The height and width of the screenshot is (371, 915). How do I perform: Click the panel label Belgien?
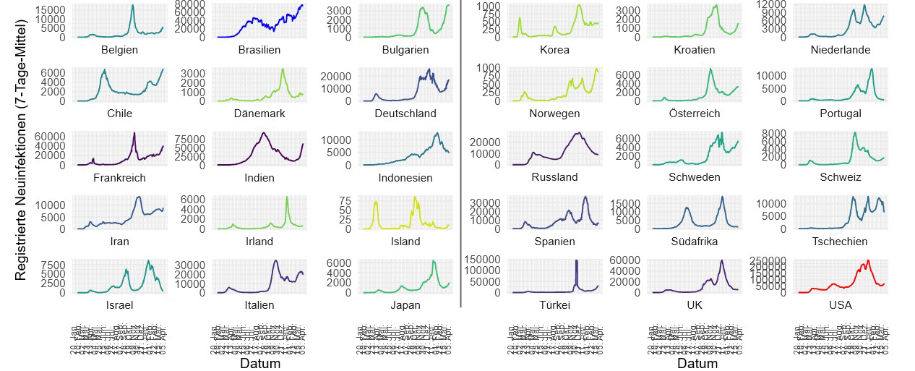(x=120, y=50)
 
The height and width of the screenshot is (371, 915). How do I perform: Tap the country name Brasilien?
(x=260, y=50)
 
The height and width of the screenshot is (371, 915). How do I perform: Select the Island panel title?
(x=405, y=242)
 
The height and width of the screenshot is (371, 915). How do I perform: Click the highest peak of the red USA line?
(x=868, y=260)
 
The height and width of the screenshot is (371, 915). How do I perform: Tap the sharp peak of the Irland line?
(x=287, y=197)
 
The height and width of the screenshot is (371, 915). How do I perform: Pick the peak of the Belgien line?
(x=133, y=6)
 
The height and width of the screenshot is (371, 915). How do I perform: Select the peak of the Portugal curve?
(x=872, y=69)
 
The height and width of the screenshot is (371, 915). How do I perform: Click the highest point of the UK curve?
(x=722, y=260)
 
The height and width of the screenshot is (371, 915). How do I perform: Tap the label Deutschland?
(x=405, y=114)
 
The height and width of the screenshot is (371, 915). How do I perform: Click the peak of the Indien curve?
(x=264, y=133)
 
